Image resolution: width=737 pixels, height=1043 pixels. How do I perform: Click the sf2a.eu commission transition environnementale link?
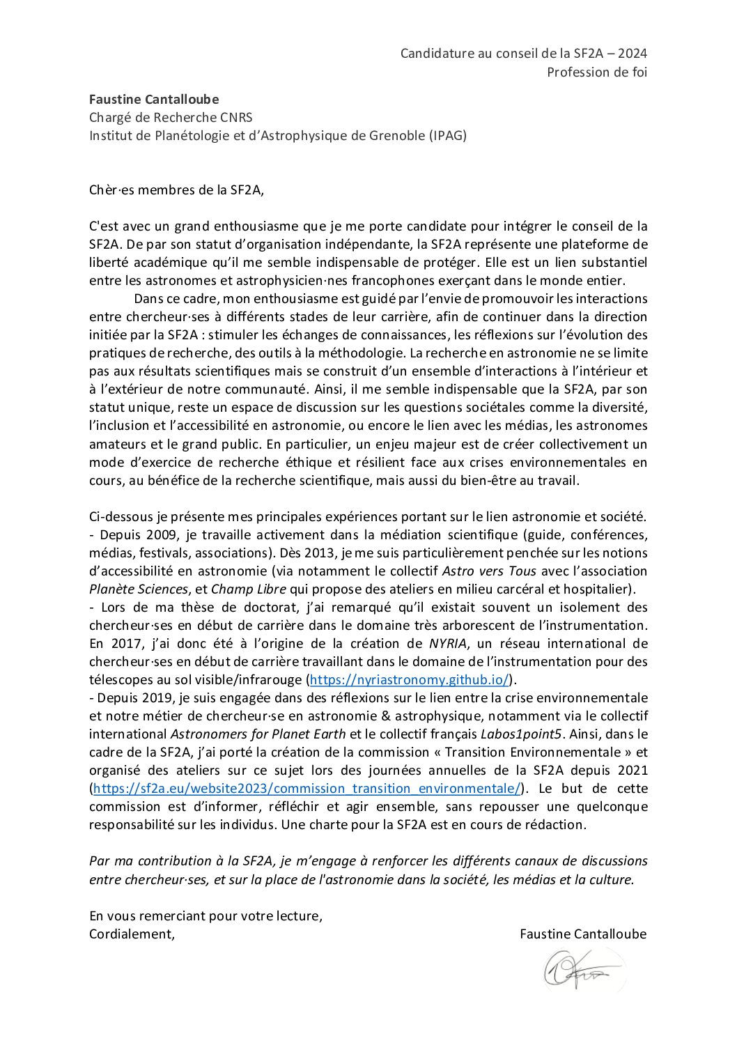coord(307,788)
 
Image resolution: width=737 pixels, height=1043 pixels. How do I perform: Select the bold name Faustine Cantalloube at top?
coord(154,100)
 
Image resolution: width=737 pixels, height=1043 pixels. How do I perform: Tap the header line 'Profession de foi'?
coord(596,72)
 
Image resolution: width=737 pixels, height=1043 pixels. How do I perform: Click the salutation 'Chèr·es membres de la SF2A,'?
coord(177,190)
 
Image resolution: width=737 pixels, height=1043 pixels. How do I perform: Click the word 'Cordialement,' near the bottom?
coord(132,934)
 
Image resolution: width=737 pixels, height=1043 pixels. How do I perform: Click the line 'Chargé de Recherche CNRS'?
coord(171,118)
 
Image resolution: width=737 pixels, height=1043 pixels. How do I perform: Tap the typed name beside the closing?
coord(582,934)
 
